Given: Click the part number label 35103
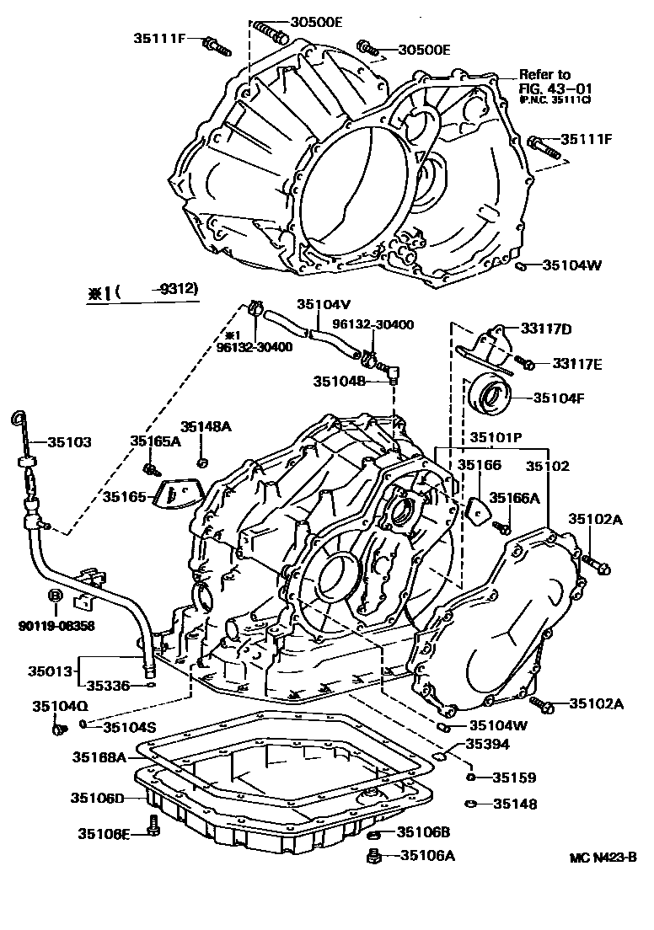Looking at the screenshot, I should coord(69,441).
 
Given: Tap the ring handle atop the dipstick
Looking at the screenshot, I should coord(19,418).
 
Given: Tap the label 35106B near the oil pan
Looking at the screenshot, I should coord(423,832).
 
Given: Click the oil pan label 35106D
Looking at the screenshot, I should coord(97,798).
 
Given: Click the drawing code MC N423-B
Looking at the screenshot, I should coord(603,858).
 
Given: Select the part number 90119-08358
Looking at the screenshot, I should coord(56,625).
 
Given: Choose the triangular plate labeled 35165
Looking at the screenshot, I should coord(174,496).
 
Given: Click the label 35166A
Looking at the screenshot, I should coord(515,498).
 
